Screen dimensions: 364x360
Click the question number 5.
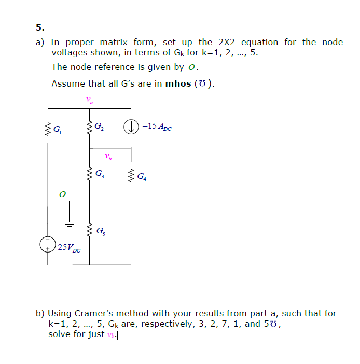coord(40,27)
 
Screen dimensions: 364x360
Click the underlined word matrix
coord(114,42)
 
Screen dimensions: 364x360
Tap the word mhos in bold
coord(178,83)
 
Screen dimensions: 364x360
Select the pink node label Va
coord(89,100)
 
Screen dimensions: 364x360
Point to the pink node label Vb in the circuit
coord(108,156)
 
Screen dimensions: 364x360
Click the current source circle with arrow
coord(131,126)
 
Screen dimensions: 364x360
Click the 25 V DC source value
coord(69,247)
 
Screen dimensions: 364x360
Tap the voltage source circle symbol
coord(48,244)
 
